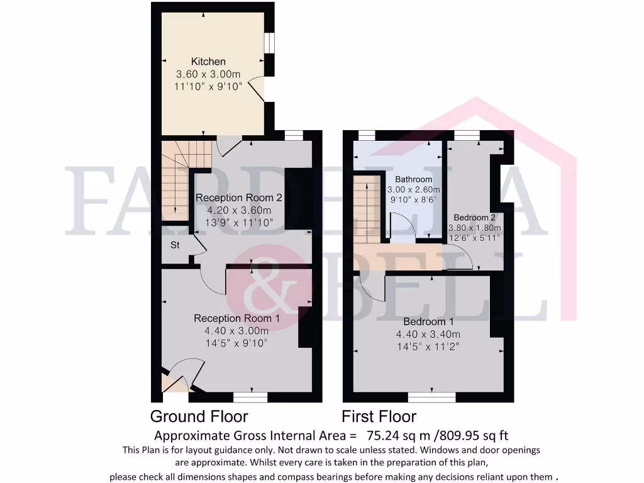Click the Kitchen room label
pyautogui.click(x=208, y=62)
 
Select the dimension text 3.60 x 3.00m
pyautogui.click(x=208, y=74)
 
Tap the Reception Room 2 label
pyautogui.click(x=238, y=197)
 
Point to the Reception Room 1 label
pyautogui.click(x=236, y=318)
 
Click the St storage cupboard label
pyautogui.click(x=175, y=245)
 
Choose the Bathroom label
pyautogui.click(x=413, y=179)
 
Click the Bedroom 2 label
pyautogui.click(x=475, y=218)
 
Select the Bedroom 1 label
pyautogui.click(x=428, y=322)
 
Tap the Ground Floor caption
pyautogui.click(x=199, y=416)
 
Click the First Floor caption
pyautogui.click(x=379, y=416)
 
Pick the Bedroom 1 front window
pyautogui.click(x=431, y=397)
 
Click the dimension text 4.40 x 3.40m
pyautogui.click(x=428, y=334)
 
